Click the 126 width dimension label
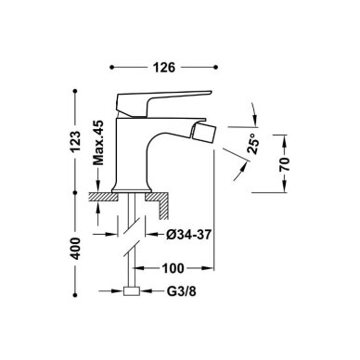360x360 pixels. click(x=164, y=67)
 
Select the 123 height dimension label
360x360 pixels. click(x=75, y=142)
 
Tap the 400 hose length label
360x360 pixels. click(x=75, y=249)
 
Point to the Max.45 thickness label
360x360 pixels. click(x=98, y=143)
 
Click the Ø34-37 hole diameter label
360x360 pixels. click(x=188, y=235)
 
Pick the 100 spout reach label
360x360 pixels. click(x=173, y=268)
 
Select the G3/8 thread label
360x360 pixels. click(x=182, y=291)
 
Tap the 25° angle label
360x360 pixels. click(x=252, y=144)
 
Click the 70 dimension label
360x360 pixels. click(x=284, y=164)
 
